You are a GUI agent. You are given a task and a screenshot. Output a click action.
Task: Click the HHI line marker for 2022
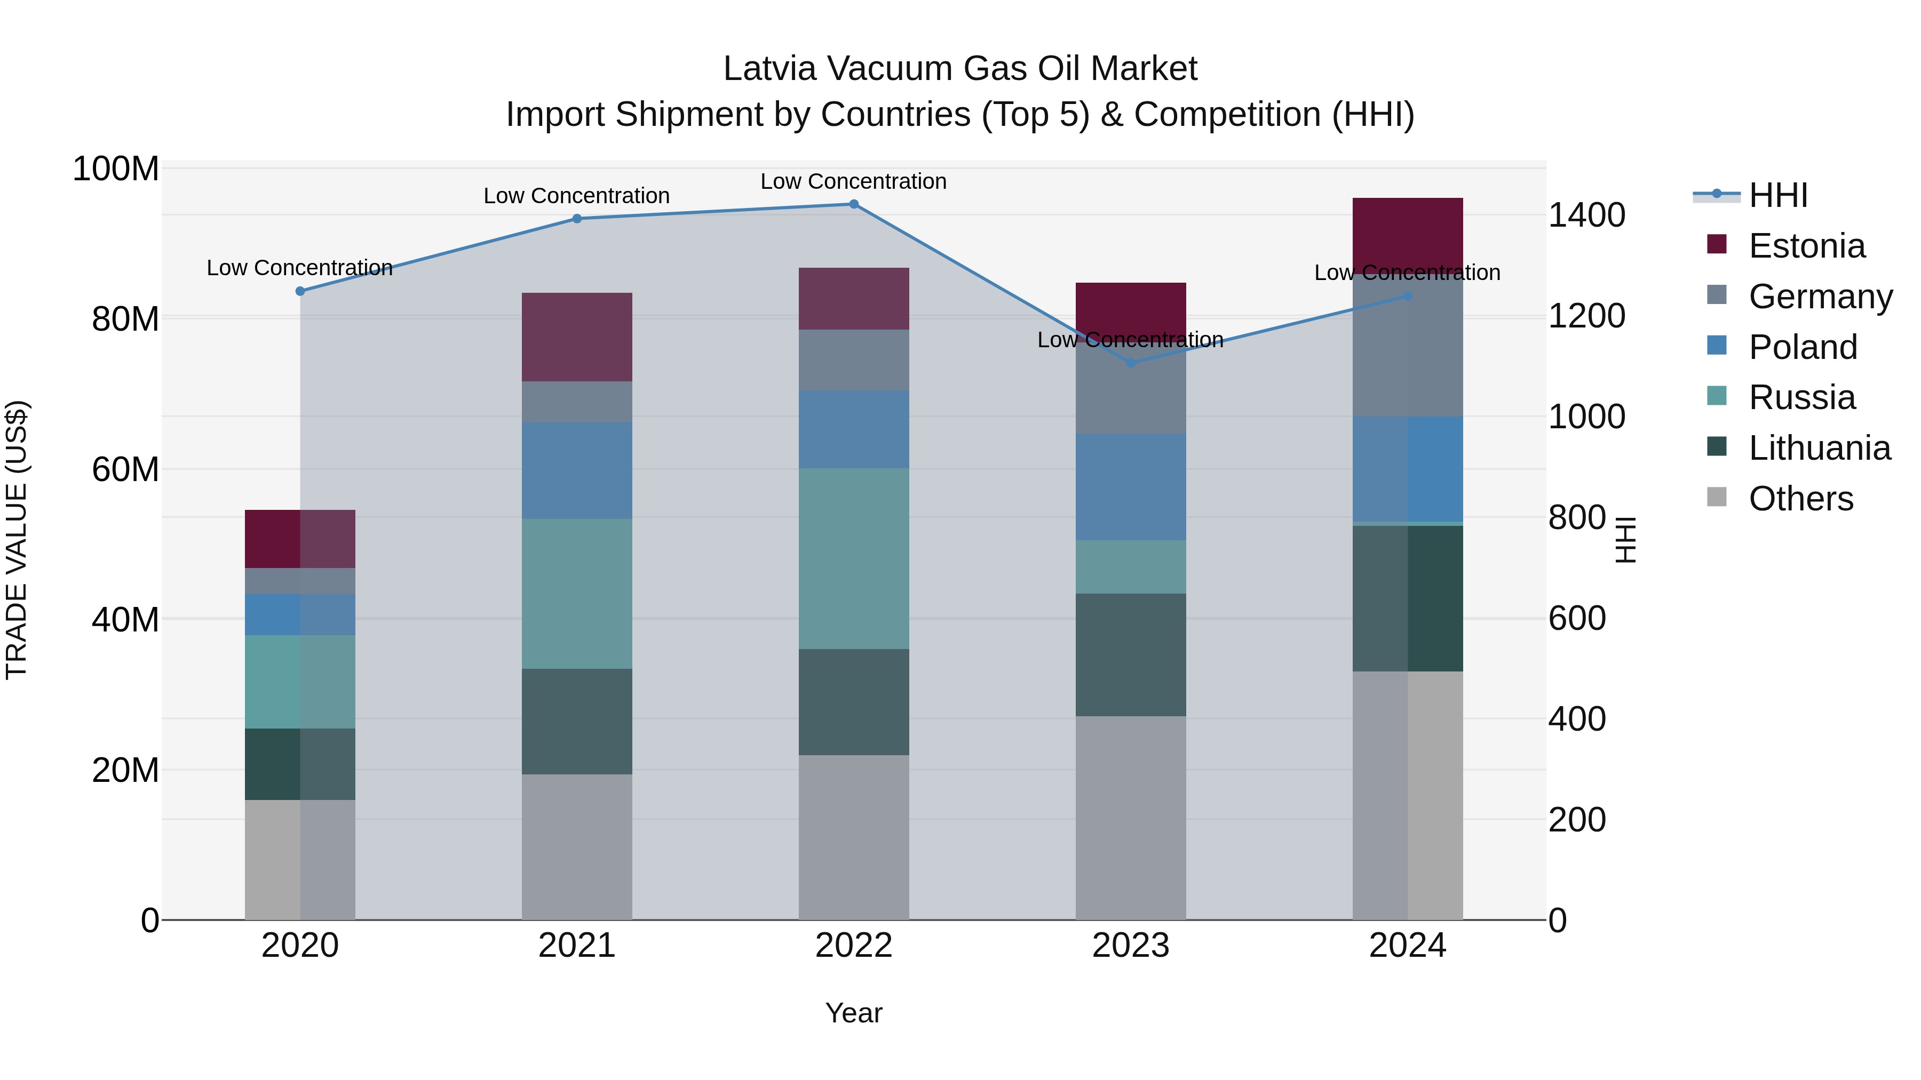[x=854, y=204]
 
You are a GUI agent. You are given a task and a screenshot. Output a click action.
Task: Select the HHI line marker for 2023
[x=1131, y=363]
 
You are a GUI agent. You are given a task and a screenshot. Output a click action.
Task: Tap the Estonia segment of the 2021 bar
[x=576, y=337]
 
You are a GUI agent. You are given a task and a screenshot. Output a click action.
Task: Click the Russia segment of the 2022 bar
[x=854, y=558]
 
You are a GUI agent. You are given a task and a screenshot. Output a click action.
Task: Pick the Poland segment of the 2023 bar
[x=1131, y=487]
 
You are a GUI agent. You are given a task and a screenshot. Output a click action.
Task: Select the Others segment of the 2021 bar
[x=576, y=847]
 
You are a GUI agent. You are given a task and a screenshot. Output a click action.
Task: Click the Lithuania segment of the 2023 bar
[x=1131, y=654]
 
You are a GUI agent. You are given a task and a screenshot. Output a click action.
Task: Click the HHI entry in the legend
[x=1778, y=195]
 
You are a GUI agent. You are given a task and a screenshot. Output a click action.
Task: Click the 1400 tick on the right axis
[x=1586, y=215]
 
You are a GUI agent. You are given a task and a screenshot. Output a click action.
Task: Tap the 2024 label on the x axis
[x=1407, y=946]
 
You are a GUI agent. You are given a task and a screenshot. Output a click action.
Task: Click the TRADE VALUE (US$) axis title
[x=17, y=540]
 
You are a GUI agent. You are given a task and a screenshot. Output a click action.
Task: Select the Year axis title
[x=854, y=1013]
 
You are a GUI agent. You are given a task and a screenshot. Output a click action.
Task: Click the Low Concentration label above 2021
[x=576, y=196]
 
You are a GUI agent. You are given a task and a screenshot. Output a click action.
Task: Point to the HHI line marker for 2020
[x=300, y=291]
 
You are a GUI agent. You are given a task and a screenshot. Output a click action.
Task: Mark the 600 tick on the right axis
[x=1576, y=619]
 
